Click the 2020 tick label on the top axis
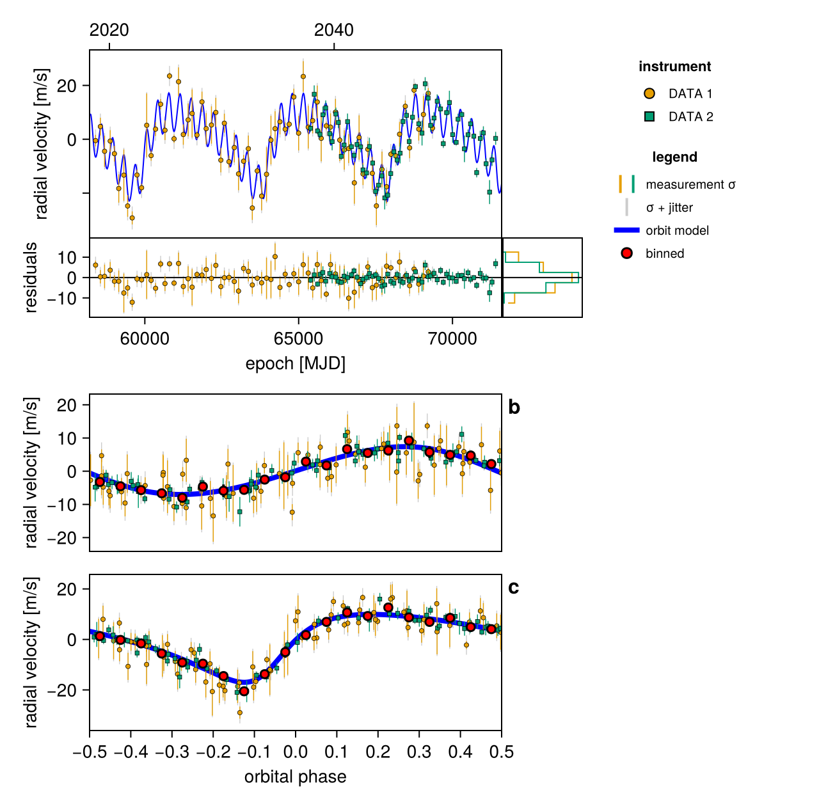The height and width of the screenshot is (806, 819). (109, 30)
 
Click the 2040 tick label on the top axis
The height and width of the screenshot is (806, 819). (333, 30)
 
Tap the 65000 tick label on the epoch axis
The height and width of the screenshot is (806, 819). (298, 339)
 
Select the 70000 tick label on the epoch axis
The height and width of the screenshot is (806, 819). (452, 339)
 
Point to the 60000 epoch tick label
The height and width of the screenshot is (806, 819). (145, 339)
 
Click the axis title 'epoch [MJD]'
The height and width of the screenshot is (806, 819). (296, 363)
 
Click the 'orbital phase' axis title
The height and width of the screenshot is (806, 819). (296, 777)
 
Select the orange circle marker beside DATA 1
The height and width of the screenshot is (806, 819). (649, 93)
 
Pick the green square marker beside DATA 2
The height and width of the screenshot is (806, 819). (649, 116)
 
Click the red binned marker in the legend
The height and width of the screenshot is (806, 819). (626, 253)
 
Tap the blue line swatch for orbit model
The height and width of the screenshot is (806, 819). (626, 230)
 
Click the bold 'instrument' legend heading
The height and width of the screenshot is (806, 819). (675, 67)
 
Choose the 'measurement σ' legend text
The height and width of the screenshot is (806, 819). (690, 184)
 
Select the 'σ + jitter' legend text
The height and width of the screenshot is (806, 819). (669, 207)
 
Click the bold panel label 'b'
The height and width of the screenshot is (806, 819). (514, 407)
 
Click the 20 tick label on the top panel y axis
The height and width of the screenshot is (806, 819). (67, 86)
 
